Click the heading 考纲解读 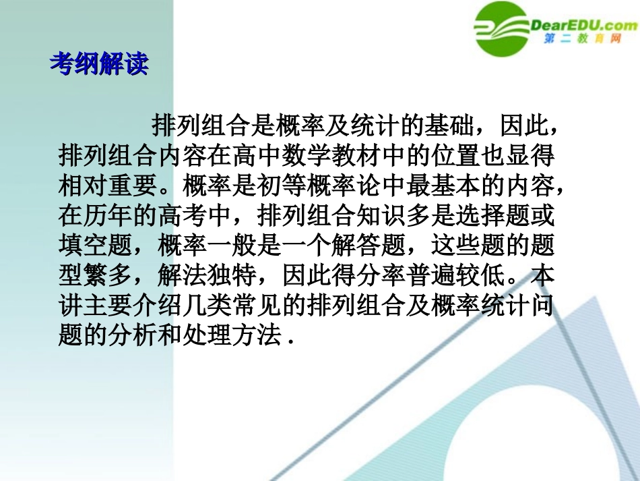(x=98, y=64)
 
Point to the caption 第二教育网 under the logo (x=581, y=39)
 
